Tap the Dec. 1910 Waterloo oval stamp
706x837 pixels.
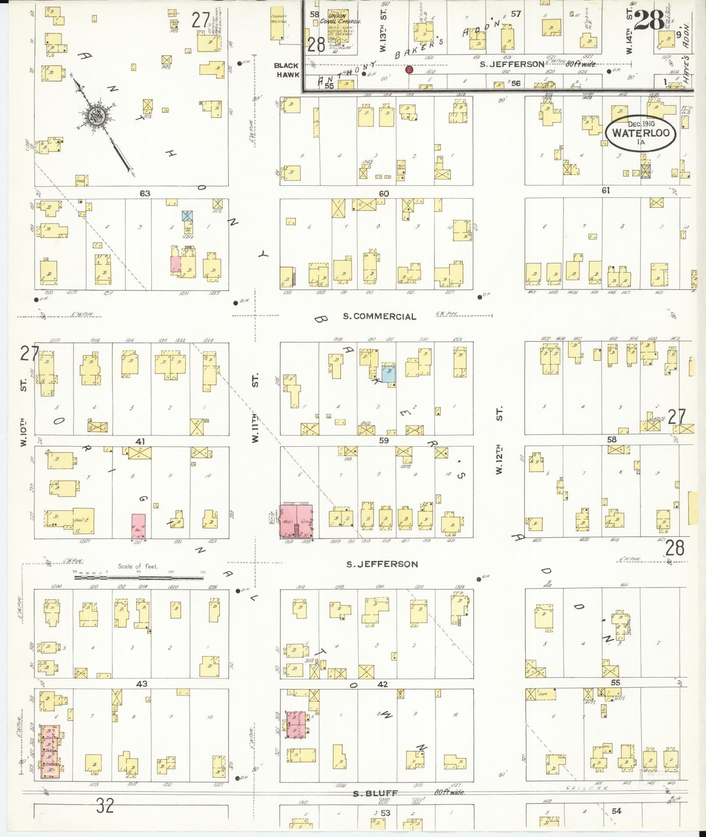point(640,132)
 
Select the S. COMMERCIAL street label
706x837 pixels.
point(379,316)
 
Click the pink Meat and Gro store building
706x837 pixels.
point(296,522)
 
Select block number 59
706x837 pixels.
point(384,441)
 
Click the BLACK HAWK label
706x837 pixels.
point(287,70)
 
